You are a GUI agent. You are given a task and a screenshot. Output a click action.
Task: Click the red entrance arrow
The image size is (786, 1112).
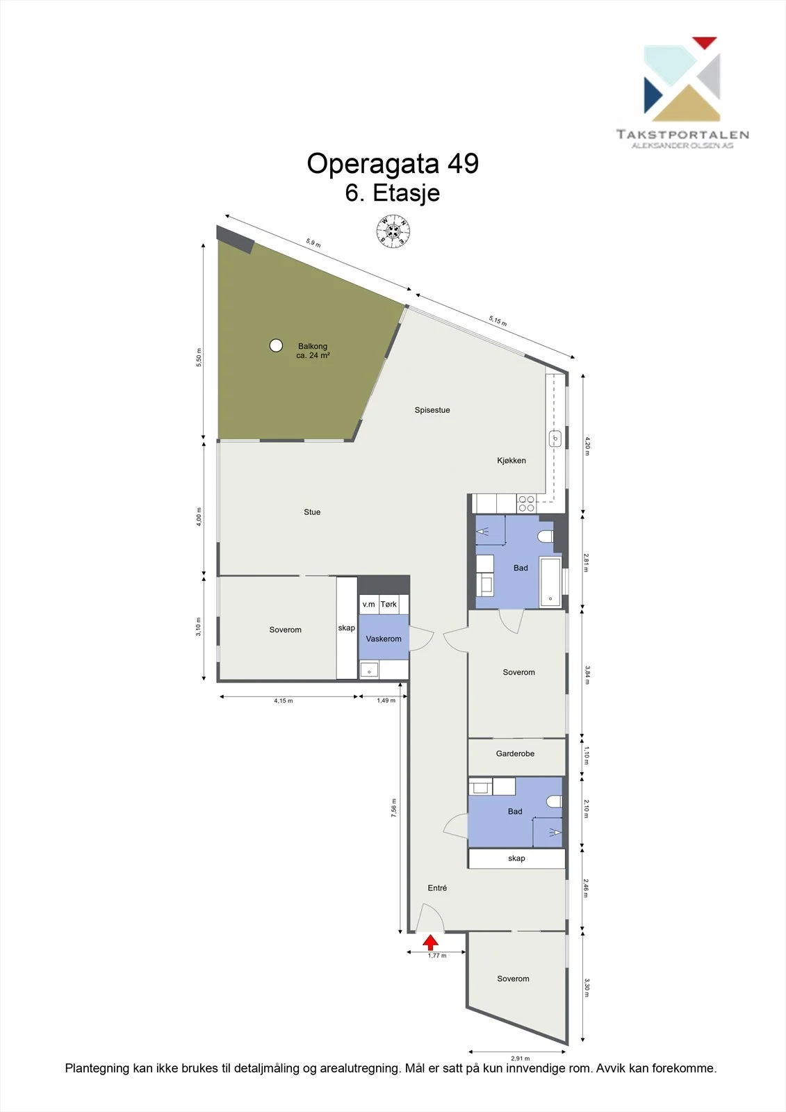430,942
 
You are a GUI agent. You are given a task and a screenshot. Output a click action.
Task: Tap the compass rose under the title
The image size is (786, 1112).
393,231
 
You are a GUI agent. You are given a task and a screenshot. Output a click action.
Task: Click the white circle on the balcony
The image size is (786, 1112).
276,345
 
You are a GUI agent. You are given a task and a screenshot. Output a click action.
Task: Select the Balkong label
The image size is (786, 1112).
313,346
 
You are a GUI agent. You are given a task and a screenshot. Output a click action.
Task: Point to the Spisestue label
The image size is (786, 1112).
432,410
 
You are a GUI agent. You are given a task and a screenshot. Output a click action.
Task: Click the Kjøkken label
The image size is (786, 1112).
511,461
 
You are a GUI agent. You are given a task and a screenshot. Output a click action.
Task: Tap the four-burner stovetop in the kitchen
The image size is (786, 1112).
526,504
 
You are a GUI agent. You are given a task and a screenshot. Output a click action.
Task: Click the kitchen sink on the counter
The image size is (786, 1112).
555,439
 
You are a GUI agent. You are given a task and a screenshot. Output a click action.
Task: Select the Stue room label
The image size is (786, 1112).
312,512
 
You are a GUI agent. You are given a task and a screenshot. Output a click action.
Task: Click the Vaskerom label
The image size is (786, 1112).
384,639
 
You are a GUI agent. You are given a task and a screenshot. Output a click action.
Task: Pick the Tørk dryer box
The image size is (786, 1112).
388,604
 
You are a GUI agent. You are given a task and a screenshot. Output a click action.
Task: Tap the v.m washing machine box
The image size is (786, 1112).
369,604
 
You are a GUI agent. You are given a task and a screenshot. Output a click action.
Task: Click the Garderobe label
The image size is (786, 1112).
516,753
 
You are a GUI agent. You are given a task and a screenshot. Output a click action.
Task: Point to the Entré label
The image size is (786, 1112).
437,888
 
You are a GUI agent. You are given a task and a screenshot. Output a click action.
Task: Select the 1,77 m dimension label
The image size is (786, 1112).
437,956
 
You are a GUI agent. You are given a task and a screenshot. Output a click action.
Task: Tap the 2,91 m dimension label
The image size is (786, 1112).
521,1058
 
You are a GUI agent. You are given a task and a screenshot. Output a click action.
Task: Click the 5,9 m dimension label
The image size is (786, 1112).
313,243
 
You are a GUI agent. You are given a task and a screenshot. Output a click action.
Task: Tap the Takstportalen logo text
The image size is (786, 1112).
682,134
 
